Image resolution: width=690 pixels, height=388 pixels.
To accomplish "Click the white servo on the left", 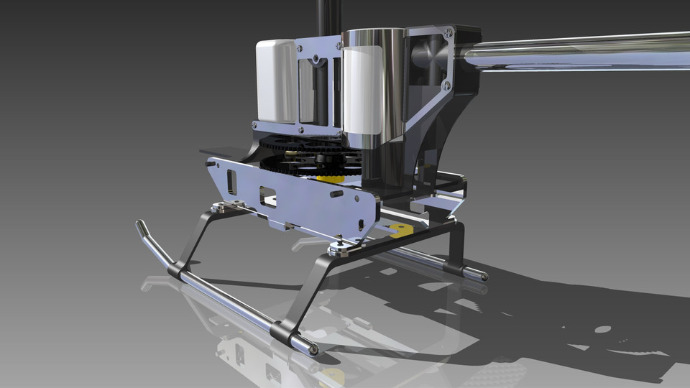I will coord(276,80).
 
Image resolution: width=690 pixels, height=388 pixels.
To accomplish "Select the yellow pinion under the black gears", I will coord(331,175).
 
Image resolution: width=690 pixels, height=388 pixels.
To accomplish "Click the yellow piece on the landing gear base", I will coord(400,230).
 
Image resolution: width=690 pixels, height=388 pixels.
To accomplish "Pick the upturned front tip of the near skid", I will coord(141,228).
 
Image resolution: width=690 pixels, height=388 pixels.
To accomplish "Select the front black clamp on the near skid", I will coord(177,271).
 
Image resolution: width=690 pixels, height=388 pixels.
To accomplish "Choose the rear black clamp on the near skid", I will coord(282,332).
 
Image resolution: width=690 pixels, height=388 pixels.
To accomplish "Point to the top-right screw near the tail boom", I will coord(449,32).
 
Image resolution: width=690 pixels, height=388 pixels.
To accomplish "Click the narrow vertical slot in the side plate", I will coord(231,182).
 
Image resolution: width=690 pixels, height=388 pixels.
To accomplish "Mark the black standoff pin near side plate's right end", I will coord(336,194).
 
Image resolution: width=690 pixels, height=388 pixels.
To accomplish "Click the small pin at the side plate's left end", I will coord(208,163).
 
